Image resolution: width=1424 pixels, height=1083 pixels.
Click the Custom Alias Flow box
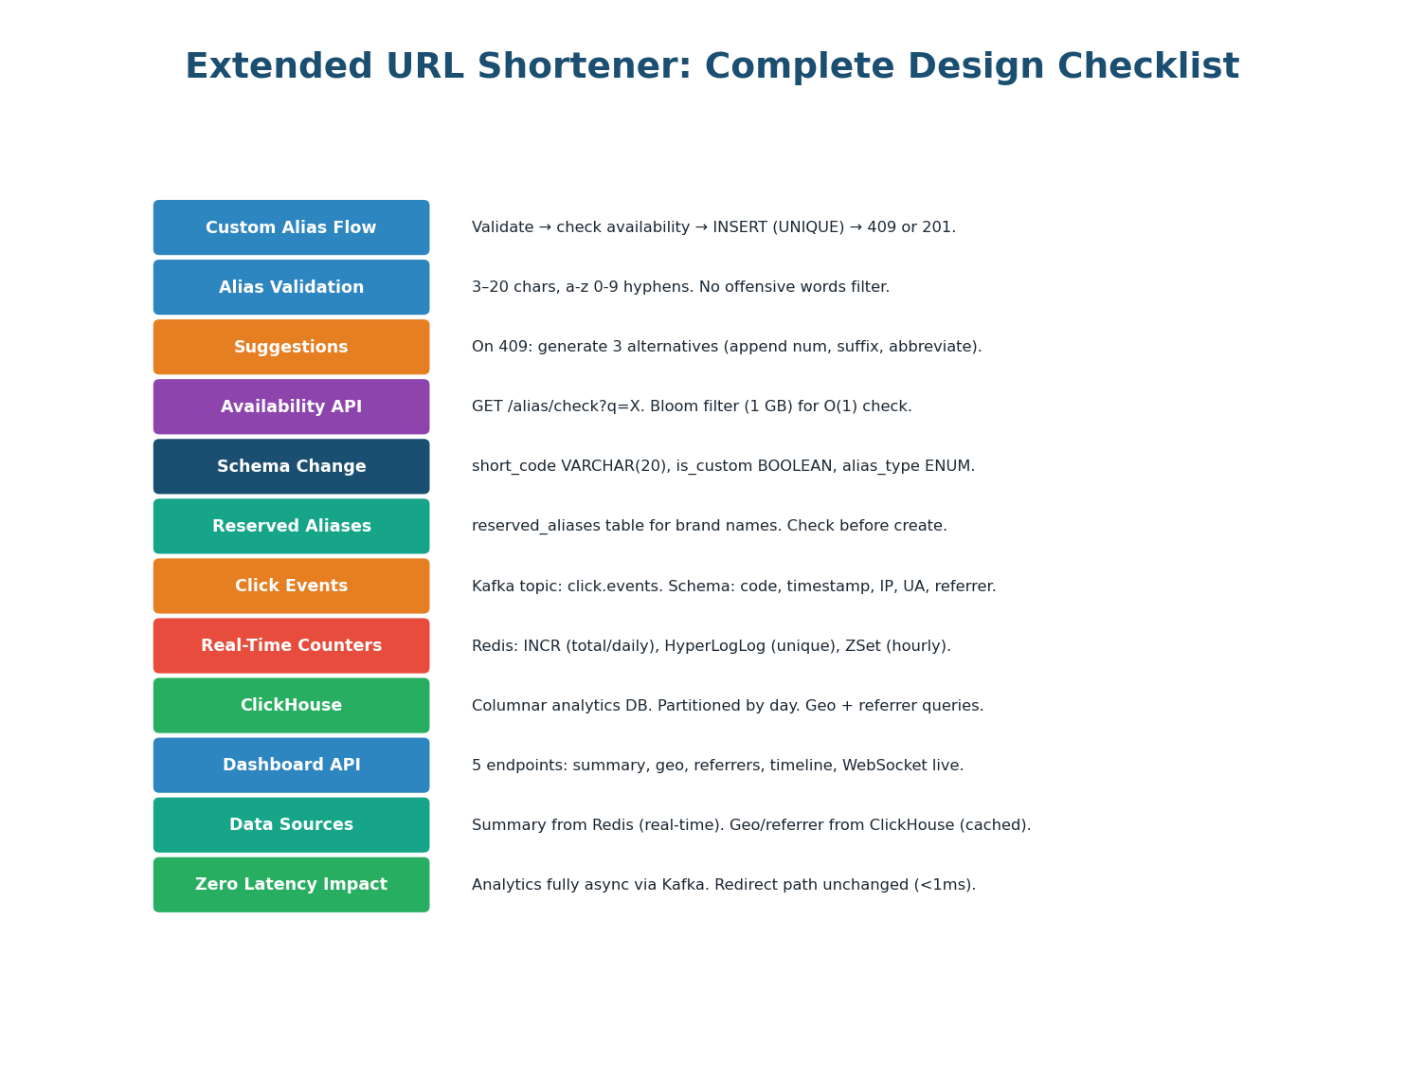(291, 227)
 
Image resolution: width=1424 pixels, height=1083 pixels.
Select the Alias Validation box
(291, 287)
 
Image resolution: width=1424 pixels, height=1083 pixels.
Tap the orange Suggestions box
(291, 347)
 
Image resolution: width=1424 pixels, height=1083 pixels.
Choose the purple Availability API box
(291, 406)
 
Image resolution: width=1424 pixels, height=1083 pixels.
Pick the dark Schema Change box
(291, 466)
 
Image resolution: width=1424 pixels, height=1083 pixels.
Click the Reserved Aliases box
(291, 526)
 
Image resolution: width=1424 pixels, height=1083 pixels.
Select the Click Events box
(291, 586)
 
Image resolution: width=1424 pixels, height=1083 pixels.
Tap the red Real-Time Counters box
(291, 645)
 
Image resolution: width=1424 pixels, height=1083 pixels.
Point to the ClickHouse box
(291, 705)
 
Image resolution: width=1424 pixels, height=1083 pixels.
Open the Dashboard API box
(291, 765)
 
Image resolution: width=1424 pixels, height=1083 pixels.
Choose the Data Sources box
(291, 824)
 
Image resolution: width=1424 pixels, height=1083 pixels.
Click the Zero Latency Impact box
(291, 884)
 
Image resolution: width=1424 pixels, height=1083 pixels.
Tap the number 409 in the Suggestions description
(513, 347)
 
